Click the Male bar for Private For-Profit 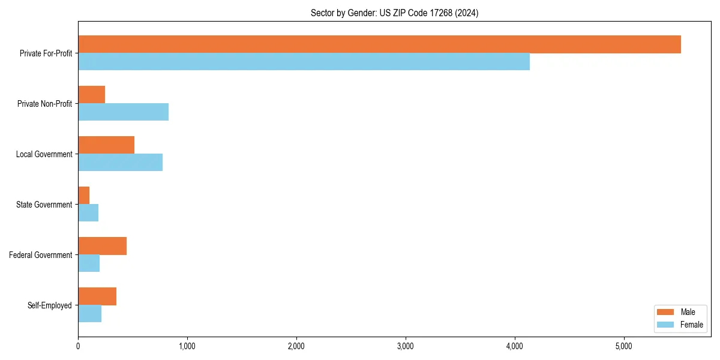379,44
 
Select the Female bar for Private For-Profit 304,62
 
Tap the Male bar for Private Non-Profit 91,95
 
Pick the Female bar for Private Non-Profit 123,112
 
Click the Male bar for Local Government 106,145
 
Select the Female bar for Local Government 120,163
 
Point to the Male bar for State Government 83,196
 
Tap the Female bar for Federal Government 89,263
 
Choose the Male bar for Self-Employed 97,296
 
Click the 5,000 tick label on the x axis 624,346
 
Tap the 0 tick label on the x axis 78,346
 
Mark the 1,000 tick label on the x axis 187,346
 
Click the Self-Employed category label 50,305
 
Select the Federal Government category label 41,255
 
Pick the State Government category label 44,205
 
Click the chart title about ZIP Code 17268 394,13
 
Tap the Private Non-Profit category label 44,104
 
